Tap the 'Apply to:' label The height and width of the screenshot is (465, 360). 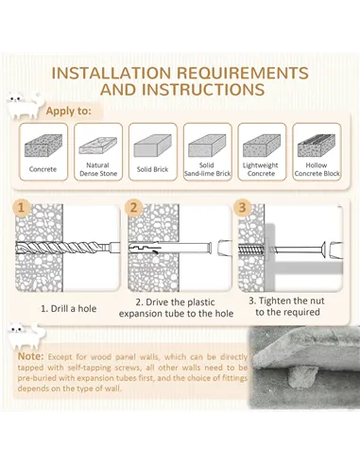68,112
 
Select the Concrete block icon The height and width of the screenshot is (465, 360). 43,146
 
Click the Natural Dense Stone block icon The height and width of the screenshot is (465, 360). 97,146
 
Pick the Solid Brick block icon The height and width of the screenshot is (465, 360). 152,146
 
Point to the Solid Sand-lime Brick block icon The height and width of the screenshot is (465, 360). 207,146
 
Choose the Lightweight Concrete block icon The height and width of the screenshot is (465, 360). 262,146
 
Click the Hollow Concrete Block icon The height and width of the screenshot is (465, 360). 317,146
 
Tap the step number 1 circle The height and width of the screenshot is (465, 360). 22,208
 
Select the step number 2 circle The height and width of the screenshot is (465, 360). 134,208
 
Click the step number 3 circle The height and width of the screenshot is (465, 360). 242,208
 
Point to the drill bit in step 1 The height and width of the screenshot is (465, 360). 68,248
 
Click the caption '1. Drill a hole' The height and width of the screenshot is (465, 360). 68,308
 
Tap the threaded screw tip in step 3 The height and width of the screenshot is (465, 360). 250,250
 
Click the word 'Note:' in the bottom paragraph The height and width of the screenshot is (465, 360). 30,356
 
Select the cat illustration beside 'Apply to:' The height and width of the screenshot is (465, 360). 26,106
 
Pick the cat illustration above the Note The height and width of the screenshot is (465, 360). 26,336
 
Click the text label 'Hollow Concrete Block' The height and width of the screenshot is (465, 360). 317,169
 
